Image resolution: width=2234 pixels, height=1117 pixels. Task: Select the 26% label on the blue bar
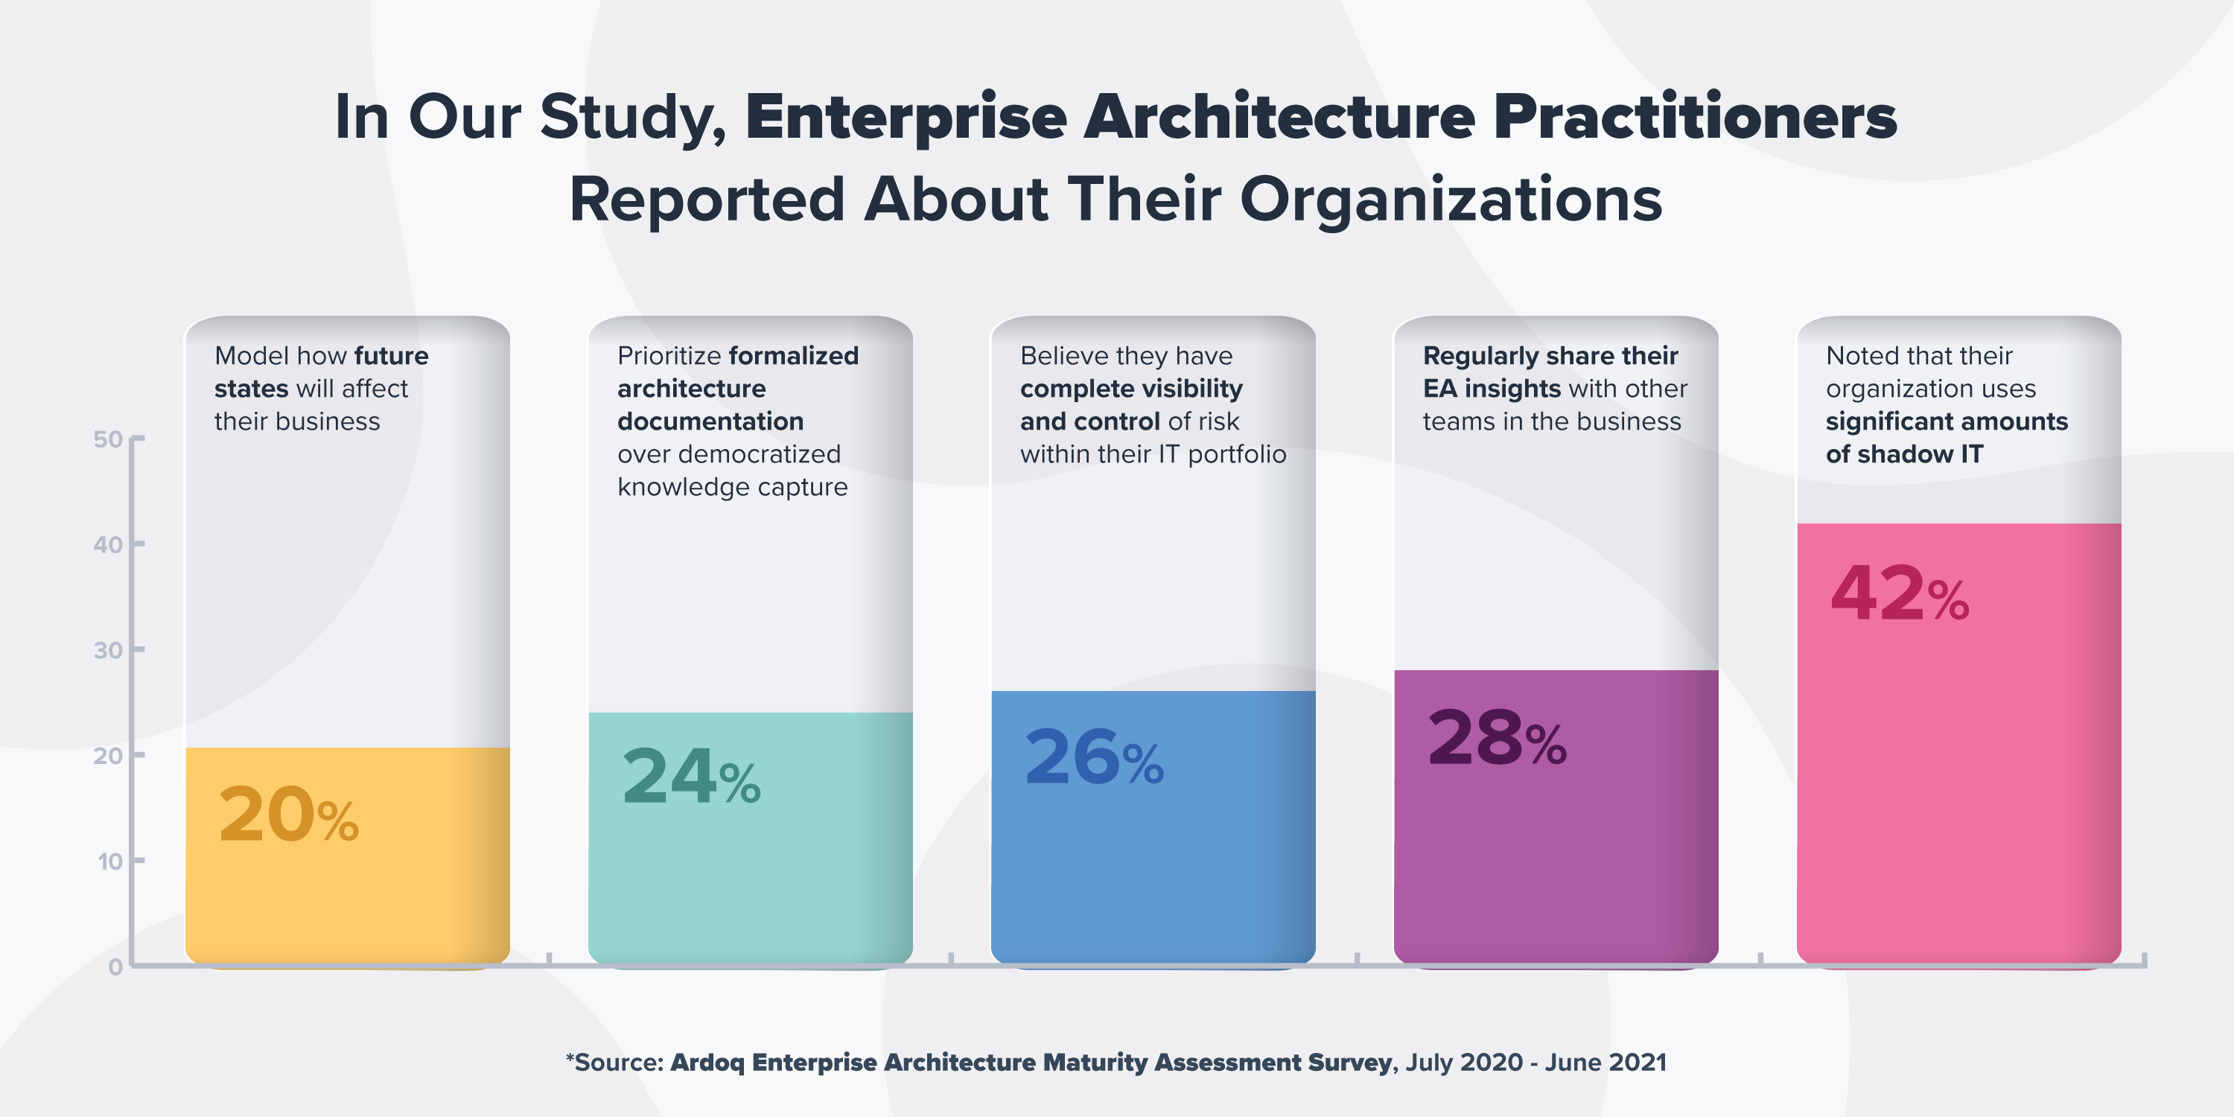point(1094,758)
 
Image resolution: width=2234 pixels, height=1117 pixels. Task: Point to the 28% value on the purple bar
point(1497,739)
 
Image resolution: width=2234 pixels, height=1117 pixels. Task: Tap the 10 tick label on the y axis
point(109,861)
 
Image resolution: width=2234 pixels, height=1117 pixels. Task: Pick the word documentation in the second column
point(710,421)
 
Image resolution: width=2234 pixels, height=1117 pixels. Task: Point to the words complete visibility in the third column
point(1131,389)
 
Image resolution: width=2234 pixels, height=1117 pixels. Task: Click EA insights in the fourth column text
point(1491,389)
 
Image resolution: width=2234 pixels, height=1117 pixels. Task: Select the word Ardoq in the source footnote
point(707,1063)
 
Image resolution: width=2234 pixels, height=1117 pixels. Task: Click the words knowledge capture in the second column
point(732,488)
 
